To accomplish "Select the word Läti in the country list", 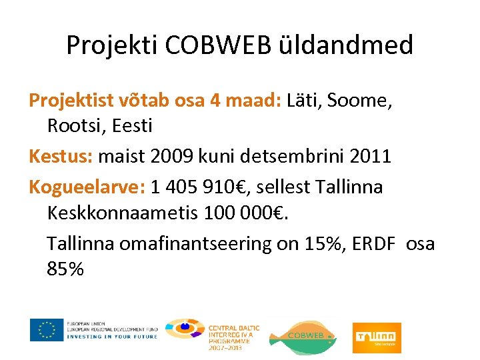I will point(303,101).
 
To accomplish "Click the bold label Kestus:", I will point(61,157).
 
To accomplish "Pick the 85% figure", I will point(65,269).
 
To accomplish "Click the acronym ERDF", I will point(373,244).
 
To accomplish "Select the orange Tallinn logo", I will point(377,333).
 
